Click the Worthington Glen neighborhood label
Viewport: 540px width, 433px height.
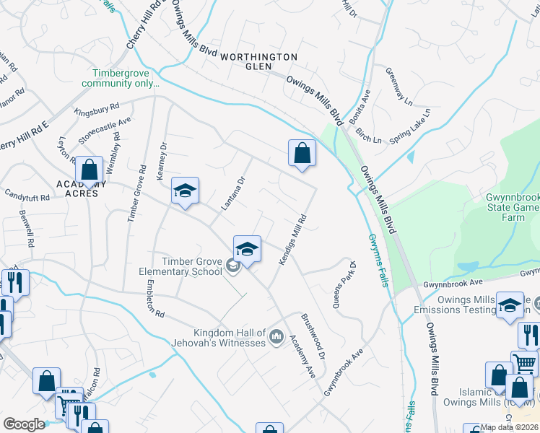click(x=258, y=61)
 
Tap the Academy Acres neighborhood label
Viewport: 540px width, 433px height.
click(x=82, y=188)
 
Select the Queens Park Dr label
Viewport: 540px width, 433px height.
click(x=344, y=285)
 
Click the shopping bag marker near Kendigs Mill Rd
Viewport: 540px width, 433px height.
click(x=302, y=153)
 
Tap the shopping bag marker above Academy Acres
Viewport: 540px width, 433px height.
click(x=89, y=170)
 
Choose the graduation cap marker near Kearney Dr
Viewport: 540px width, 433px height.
click(x=185, y=192)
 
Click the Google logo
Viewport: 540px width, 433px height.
click(x=25, y=424)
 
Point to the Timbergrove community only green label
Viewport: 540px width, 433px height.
click(x=126, y=78)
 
